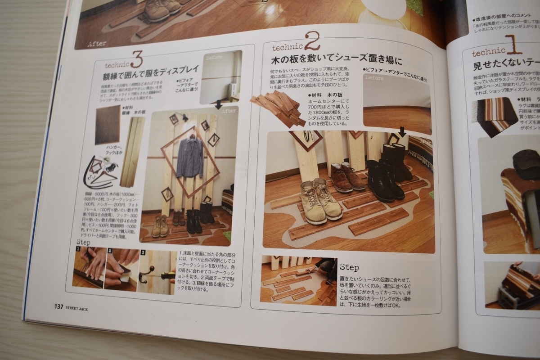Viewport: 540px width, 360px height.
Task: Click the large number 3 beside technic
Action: click(x=137, y=59)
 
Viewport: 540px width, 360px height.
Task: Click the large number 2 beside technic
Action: click(x=312, y=41)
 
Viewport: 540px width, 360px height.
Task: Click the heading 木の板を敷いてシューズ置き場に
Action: click(x=336, y=60)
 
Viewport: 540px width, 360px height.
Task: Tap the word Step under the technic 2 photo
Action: click(x=350, y=267)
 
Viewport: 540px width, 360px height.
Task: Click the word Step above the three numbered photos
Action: click(x=83, y=242)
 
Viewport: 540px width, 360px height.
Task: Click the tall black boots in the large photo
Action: click(x=396, y=162)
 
